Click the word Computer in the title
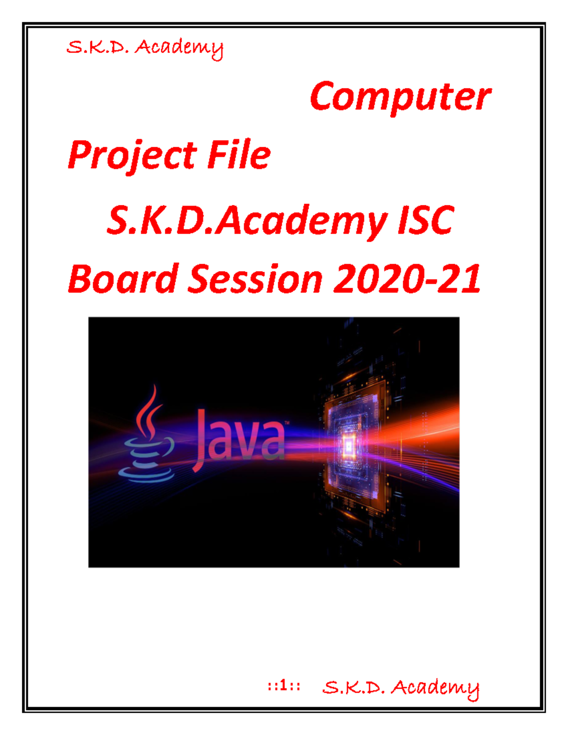coord(400,97)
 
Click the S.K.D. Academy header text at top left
coord(144,48)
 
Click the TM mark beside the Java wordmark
coord(286,422)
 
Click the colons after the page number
coord(295,686)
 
